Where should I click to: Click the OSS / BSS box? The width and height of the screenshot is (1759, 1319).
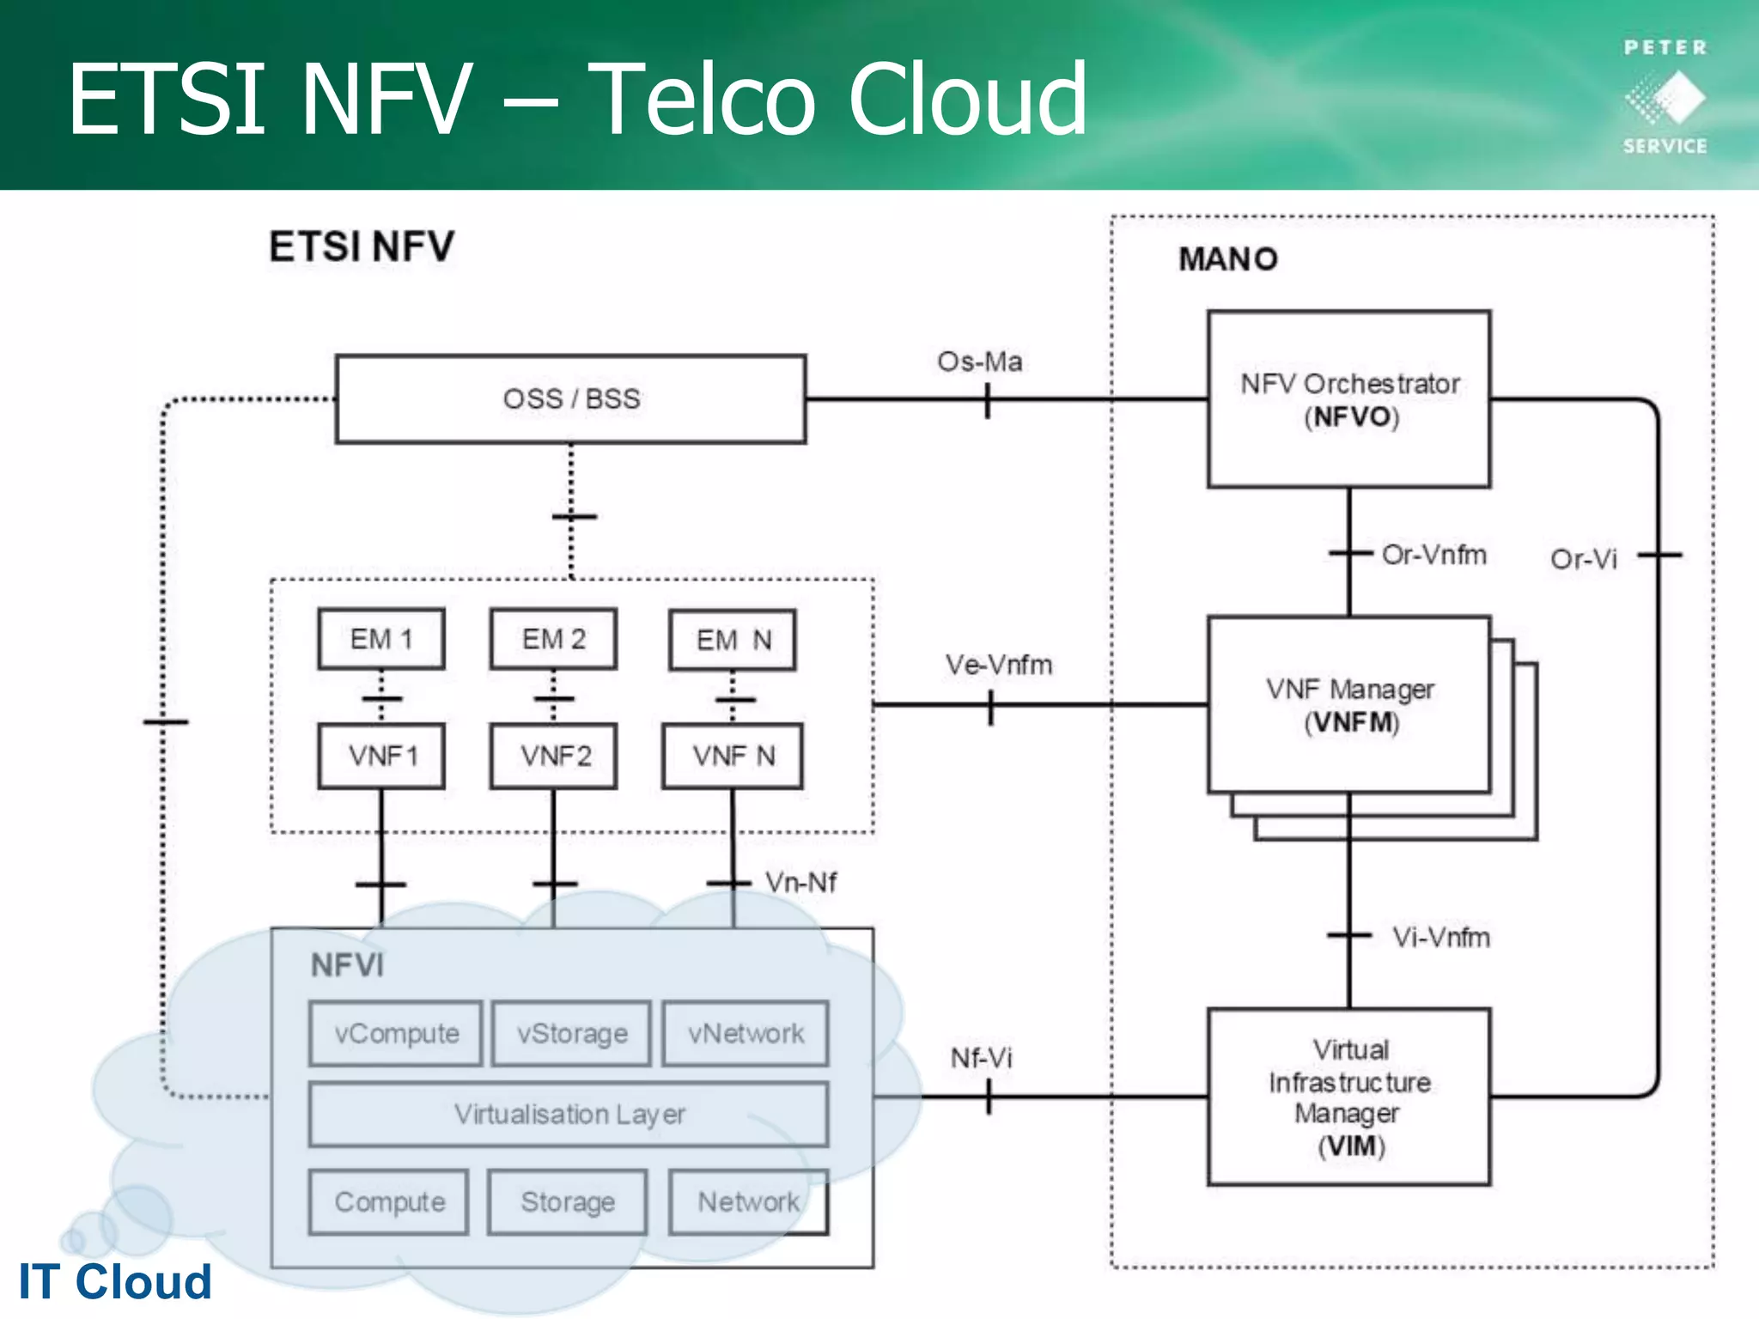(570, 399)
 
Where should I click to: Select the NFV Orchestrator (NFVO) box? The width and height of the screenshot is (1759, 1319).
(1348, 399)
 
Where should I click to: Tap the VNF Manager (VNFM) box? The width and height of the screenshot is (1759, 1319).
(1348, 705)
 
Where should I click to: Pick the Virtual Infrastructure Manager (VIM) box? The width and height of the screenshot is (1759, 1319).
(1348, 1097)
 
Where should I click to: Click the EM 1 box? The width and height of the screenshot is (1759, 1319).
(381, 639)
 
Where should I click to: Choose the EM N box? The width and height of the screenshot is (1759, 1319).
(733, 640)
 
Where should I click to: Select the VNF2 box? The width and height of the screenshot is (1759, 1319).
(554, 756)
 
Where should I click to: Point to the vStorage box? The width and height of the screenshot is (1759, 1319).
(571, 1033)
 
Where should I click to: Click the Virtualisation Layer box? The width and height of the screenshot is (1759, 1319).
(569, 1114)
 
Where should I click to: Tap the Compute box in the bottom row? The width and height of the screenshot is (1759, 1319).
(389, 1201)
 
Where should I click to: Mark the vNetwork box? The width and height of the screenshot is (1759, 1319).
(746, 1033)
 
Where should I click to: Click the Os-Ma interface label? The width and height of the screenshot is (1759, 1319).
(979, 362)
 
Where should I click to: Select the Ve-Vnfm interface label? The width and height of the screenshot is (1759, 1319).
(998, 665)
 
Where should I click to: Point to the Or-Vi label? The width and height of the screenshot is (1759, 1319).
(1583, 559)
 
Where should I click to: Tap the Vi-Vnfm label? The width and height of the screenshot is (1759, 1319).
(1440, 937)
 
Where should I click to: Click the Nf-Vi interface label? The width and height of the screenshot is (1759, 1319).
(981, 1058)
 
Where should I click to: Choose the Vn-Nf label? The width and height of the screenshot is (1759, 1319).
(800, 882)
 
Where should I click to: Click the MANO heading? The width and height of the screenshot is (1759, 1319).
(1227, 258)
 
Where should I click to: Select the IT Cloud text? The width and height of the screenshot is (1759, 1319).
(115, 1281)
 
